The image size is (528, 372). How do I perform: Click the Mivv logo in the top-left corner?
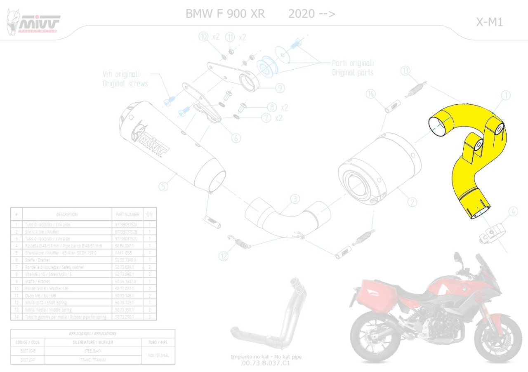pyautogui.click(x=33, y=23)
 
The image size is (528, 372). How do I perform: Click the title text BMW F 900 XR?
pyautogui.click(x=225, y=14)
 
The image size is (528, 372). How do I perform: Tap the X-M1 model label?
pyautogui.click(x=490, y=22)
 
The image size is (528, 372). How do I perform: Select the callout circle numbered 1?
pyautogui.click(x=505, y=96)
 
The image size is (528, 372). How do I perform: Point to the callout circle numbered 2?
pyautogui.click(x=412, y=202)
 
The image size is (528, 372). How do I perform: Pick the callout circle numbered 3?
pyautogui.click(x=295, y=199)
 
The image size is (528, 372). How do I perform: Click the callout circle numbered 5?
pyautogui.click(x=164, y=187)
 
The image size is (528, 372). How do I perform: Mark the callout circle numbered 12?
pyautogui.click(x=223, y=256)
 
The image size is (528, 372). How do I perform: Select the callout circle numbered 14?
pyautogui.click(x=371, y=94)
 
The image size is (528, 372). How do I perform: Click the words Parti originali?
pyautogui.click(x=353, y=64)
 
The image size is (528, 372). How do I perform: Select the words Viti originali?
pyautogui.click(x=121, y=74)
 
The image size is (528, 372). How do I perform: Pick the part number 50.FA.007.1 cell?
pyautogui.click(x=127, y=245)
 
